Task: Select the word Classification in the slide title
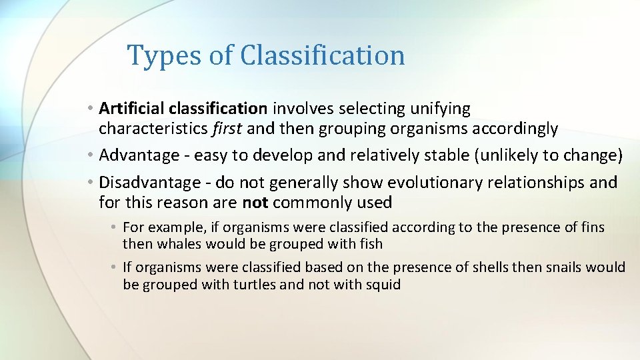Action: pos(322,55)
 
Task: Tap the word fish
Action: pos(369,244)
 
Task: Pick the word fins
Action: pos(592,227)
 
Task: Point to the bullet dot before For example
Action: pos(115,228)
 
